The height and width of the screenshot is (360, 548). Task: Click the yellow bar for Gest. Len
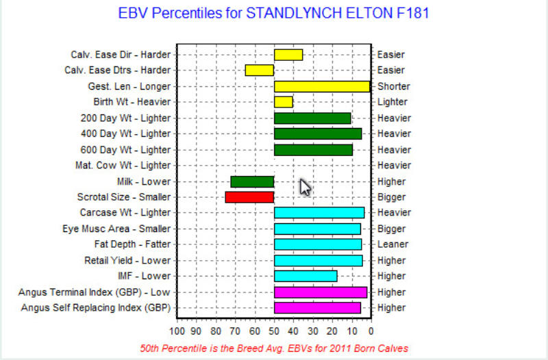tap(322, 87)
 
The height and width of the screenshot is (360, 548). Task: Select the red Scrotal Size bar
tap(249, 197)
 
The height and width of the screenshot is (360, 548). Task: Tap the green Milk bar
tap(252, 182)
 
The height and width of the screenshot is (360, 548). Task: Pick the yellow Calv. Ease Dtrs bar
tap(260, 70)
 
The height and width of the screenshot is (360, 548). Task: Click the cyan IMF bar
tap(306, 277)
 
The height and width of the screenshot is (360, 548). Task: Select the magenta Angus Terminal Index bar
tap(321, 292)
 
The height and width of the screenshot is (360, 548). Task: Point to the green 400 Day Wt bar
tap(318, 133)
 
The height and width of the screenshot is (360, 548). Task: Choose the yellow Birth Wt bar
tap(284, 102)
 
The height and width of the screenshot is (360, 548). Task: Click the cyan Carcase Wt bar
tap(319, 213)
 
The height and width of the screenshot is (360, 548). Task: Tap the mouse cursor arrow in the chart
tap(305, 187)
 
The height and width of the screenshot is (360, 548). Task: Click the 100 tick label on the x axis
tap(177, 331)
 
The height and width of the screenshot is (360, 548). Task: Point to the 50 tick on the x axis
tap(274, 331)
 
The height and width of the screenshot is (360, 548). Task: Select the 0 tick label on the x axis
tap(371, 331)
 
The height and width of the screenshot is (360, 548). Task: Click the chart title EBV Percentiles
tap(273, 13)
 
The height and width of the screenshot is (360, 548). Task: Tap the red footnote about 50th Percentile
tap(274, 348)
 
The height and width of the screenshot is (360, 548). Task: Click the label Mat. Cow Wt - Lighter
tap(123, 165)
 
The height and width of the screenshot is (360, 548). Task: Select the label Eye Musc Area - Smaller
tap(116, 229)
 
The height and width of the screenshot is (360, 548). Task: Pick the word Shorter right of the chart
tap(393, 86)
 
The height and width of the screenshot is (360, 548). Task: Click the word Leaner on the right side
tap(393, 244)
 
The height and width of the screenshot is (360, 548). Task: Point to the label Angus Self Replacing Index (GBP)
tap(96, 307)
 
